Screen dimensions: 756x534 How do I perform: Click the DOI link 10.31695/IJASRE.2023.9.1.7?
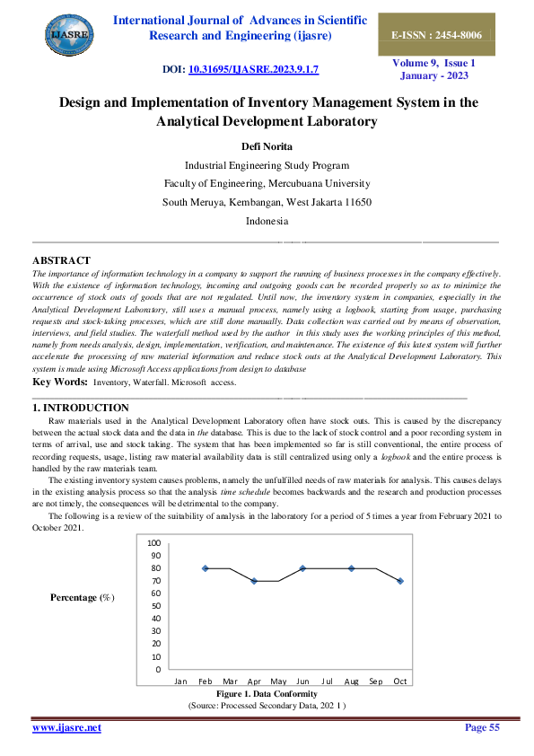pos(254,69)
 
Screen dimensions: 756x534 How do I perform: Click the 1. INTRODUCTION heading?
pos(79,409)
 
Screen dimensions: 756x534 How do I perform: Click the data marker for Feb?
pos(206,568)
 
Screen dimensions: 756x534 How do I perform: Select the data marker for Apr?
pos(254,581)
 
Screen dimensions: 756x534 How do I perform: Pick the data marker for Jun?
pos(302,568)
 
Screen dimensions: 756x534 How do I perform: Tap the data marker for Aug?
pos(352,568)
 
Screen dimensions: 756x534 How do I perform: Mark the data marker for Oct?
pos(400,581)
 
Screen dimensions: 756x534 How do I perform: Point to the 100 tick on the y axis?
pos(153,543)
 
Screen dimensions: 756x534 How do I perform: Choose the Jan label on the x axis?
pos(180,681)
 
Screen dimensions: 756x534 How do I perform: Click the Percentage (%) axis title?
pos(83,598)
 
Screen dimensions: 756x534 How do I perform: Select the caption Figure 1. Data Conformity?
pos(267,694)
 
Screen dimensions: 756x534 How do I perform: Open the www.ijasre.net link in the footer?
pos(66,727)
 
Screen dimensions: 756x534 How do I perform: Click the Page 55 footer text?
pos(481,727)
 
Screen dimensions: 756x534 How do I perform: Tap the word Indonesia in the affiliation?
pos(267,220)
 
